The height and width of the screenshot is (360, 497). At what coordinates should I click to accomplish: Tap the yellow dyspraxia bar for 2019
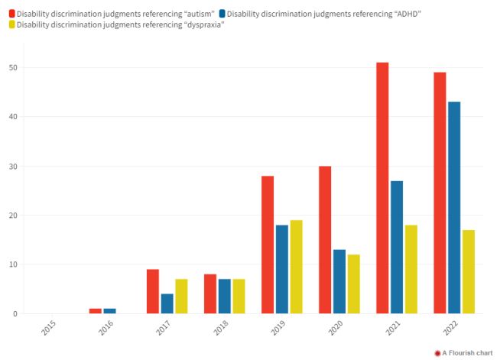point(296,267)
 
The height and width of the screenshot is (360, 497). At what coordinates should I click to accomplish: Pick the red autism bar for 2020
point(325,240)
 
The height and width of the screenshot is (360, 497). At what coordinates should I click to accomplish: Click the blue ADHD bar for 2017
point(167,303)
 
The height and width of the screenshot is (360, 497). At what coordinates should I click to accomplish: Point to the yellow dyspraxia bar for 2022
point(469,271)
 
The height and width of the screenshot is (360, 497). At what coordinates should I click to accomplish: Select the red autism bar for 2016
point(96,311)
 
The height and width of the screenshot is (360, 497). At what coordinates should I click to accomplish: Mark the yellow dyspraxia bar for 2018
point(239,297)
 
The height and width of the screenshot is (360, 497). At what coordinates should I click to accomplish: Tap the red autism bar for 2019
point(268,245)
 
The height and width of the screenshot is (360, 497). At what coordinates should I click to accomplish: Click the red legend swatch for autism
point(11,14)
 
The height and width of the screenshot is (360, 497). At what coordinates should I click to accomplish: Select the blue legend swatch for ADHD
point(222,14)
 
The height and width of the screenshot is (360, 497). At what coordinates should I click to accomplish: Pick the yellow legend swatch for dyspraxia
point(11,25)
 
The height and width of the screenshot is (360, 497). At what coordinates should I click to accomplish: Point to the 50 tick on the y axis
point(13,68)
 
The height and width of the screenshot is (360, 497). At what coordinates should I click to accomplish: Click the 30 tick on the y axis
point(13,167)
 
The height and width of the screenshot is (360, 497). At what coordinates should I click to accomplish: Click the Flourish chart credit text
point(466,353)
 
